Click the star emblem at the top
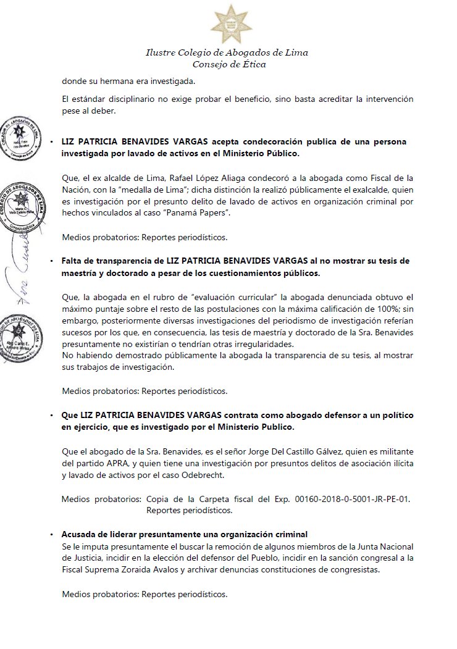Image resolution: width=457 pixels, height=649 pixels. (x=228, y=23)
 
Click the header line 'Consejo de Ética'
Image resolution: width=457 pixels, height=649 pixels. (x=228, y=64)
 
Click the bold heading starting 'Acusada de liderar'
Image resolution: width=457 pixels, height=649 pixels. (x=185, y=534)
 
